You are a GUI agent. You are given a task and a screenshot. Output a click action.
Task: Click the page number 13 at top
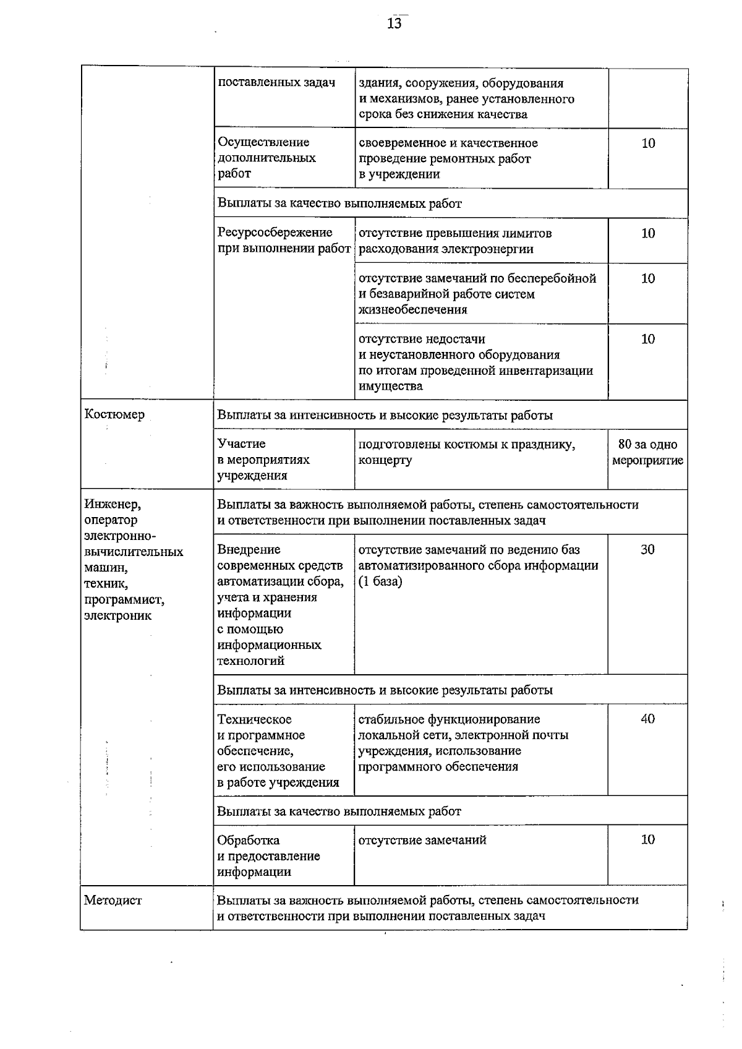(x=394, y=24)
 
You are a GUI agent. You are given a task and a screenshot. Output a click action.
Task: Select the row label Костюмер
(x=114, y=414)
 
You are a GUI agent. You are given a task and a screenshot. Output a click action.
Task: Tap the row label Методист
(x=113, y=900)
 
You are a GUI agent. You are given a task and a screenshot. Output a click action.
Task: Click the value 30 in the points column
(x=647, y=549)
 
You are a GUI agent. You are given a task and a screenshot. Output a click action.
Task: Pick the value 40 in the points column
(x=647, y=719)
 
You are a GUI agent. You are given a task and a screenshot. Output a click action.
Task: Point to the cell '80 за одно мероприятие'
(x=647, y=452)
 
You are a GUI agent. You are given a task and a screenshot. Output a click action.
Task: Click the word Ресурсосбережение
(x=275, y=233)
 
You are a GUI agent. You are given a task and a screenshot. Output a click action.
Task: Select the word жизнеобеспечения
(x=412, y=309)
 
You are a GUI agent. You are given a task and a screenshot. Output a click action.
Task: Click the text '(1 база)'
(x=380, y=581)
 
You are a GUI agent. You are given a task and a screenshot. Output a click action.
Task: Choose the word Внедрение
(x=249, y=549)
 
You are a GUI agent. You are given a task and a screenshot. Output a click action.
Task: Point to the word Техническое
(x=254, y=719)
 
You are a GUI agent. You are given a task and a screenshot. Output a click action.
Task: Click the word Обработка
(x=248, y=840)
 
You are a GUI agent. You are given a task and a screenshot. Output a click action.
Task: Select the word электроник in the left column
(x=117, y=615)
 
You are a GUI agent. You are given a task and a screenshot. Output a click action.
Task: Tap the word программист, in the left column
(x=124, y=600)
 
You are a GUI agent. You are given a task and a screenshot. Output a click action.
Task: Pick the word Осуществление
(x=263, y=142)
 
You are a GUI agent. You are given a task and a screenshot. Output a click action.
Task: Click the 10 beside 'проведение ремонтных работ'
(x=648, y=143)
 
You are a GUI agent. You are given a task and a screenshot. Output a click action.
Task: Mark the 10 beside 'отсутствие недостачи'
(x=648, y=339)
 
